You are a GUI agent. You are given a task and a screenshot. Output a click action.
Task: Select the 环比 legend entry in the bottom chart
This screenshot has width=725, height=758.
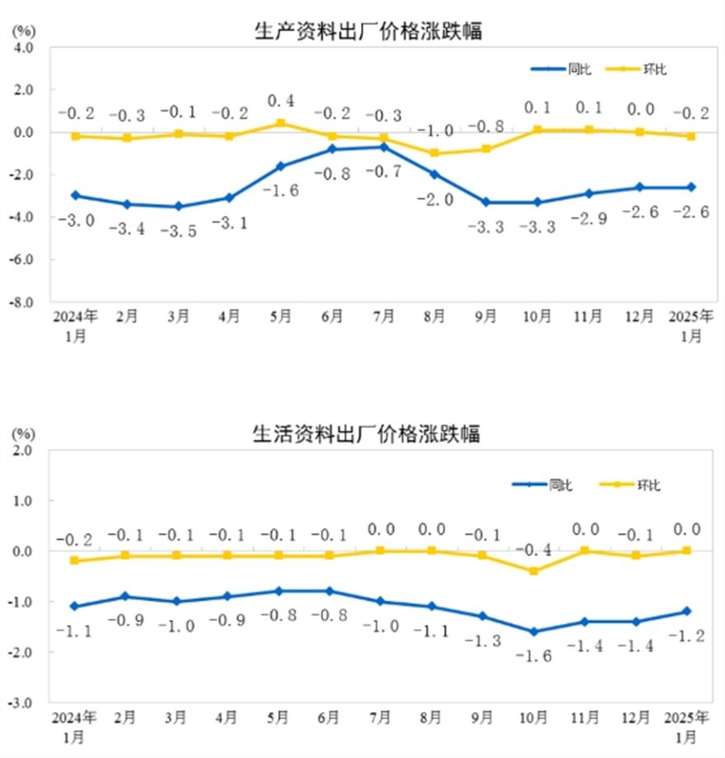(648, 485)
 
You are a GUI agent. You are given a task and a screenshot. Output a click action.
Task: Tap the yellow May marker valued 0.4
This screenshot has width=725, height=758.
(281, 124)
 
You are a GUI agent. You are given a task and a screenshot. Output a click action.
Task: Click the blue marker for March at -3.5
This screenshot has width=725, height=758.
(178, 206)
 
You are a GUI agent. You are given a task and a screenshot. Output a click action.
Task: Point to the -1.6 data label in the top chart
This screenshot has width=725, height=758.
(281, 190)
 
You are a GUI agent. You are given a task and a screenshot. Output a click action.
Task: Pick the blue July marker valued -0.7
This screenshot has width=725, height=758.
(383, 147)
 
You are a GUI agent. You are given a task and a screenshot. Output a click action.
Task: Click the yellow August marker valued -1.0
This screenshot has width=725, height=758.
(434, 153)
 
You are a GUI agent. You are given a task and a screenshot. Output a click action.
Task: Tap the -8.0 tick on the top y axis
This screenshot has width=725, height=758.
(21, 302)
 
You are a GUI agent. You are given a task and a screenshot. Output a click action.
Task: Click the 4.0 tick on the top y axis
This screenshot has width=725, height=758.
(23, 47)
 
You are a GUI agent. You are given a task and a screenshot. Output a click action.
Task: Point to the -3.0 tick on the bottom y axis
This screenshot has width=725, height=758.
(21, 703)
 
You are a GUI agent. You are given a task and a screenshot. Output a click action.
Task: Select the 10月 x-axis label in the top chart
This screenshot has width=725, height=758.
(537, 317)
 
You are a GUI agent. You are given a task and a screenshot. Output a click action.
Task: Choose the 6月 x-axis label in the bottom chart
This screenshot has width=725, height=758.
(332, 718)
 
